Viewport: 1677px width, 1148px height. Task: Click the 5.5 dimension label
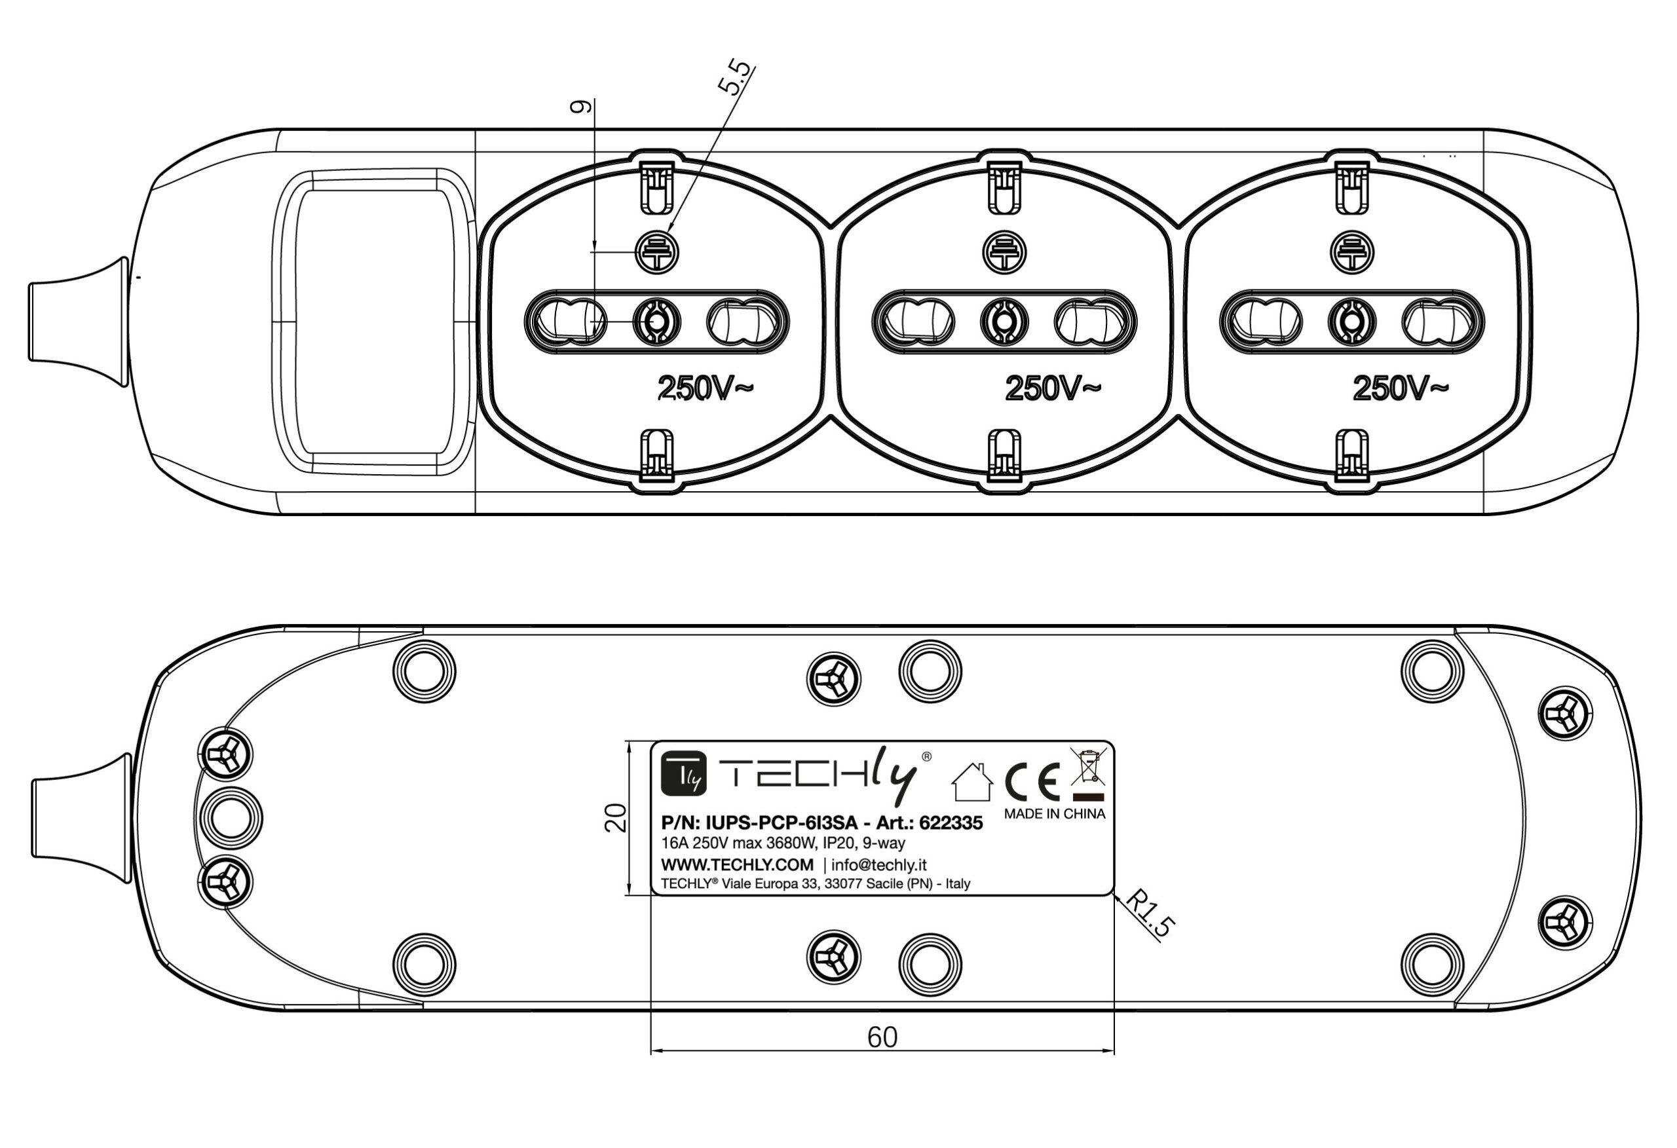pyautogui.click(x=734, y=78)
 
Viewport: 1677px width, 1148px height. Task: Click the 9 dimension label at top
pyautogui.click(x=581, y=107)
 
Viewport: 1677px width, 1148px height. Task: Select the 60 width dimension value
pyautogui.click(x=882, y=1037)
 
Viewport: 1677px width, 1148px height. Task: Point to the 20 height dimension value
pyautogui.click(x=616, y=818)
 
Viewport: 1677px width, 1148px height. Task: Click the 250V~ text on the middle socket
pyautogui.click(x=1053, y=388)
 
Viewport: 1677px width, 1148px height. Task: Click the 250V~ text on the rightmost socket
pyautogui.click(x=1400, y=388)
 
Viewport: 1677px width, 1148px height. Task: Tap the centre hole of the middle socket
pyautogui.click(x=1004, y=321)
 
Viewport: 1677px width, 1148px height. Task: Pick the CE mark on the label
pyautogui.click(x=1032, y=782)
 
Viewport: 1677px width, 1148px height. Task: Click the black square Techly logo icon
pyautogui.click(x=683, y=773)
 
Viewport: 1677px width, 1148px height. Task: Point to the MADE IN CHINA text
pyautogui.click(x=1054, y=814)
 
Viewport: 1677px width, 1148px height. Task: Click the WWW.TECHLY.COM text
pyautogui.click(x=737, y=864)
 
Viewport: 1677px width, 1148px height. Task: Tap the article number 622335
pyautogui.click(x=951, y=823)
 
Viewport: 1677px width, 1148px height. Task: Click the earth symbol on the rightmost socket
pyautogui.click(x=1352, y=253)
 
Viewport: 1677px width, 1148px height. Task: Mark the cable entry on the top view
pyautogui.click(x=78, y=321)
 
